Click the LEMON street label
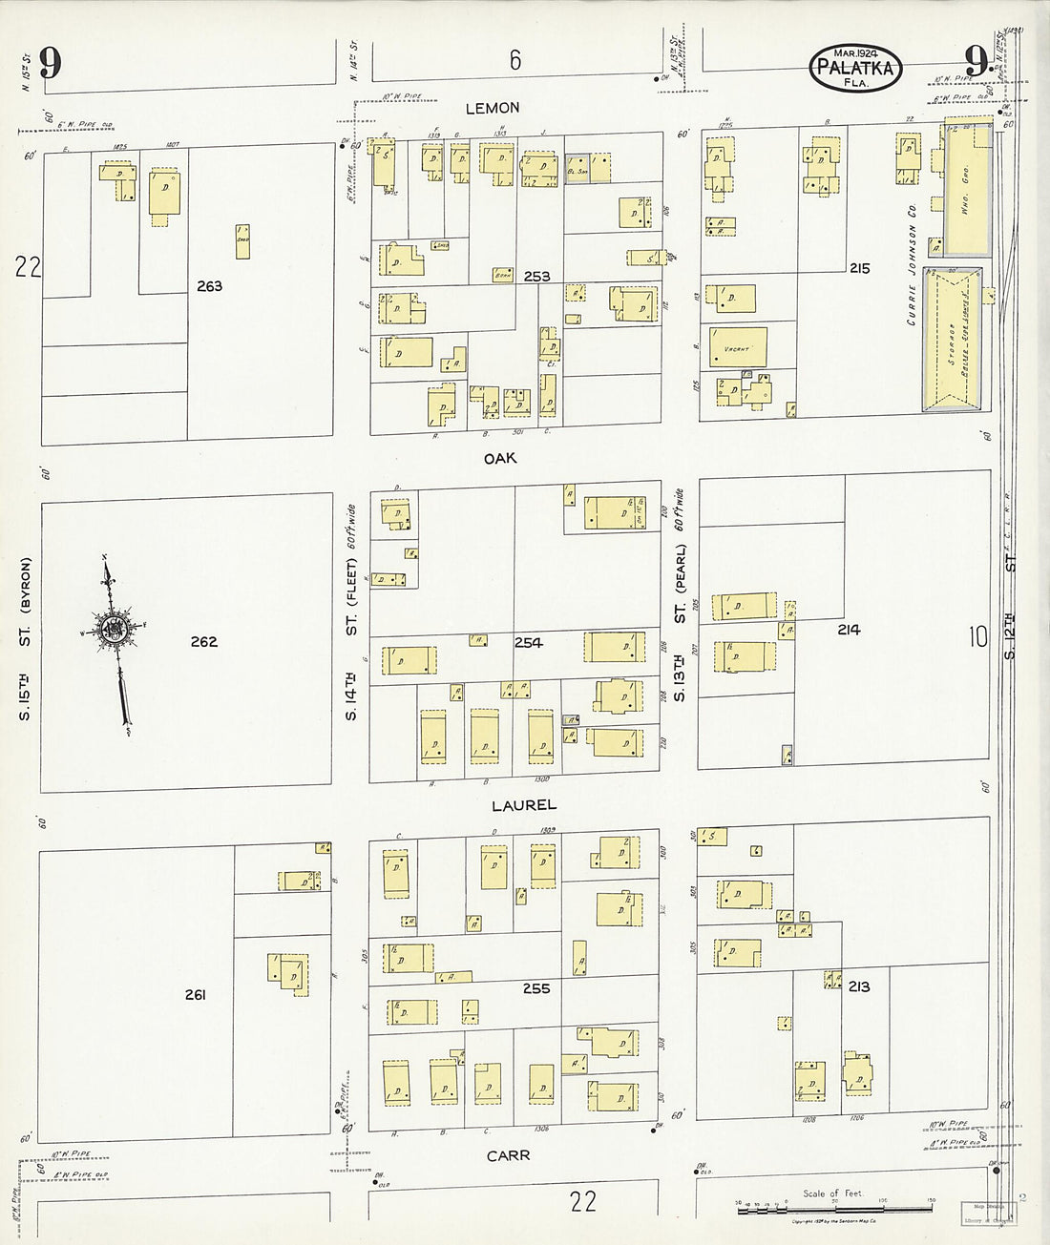pyautogui.click(x=493, y=108)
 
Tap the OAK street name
pyautogui.click(x=499, y=459)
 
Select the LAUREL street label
pyautogui.click(x=523, y=805)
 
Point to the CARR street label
pyautogui.click(x=507, y=1155)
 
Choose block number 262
pyautogui.click(x=203, y=642)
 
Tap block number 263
pyautogui.click(x=208, y=286)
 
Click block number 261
pyautogui.click(x=196, y=996)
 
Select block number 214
pyautogui.click(x=849, y=630)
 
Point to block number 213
pyautogui.click(x=858, y=986)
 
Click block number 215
pyautogui.click(x=859, y=269)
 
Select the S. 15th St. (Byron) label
pyautogui.click(x=26, y=640)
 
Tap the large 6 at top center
pyautogui.click(x=514, y=60)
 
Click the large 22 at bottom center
pyautogui.click(x=582, y=1200)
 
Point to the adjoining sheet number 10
pyautogui.click(x=977, y=636)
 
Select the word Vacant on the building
pyautogui.click(x=739, y=349)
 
